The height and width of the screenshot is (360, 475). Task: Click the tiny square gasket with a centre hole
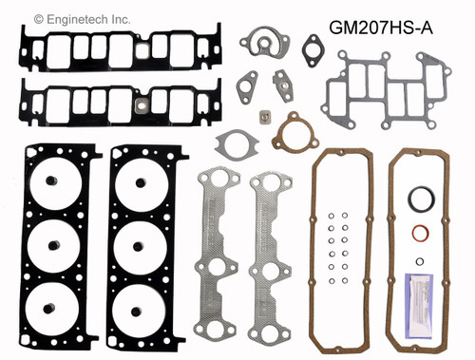[x=263, y=119]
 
